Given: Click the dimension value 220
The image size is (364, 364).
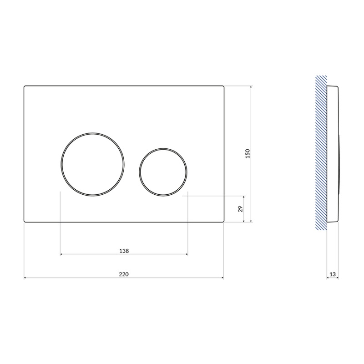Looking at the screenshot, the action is coord(124,274).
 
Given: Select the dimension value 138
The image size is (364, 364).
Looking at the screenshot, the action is coord(124,251).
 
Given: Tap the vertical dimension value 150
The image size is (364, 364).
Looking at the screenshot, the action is coord(248,154).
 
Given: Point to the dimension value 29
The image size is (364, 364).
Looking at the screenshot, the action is coord(241,209).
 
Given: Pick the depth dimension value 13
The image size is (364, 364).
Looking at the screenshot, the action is coord(333,274).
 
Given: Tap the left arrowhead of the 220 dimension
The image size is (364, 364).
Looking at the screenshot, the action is coord(25,278).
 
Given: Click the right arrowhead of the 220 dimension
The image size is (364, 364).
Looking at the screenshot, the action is coord(222,278).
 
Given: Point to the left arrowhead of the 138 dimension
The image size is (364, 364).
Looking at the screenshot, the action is coord(61,254).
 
